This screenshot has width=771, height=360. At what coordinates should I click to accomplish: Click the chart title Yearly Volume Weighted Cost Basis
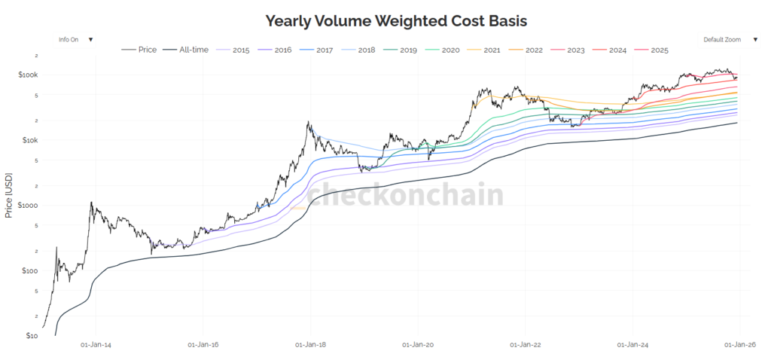pos(385,20)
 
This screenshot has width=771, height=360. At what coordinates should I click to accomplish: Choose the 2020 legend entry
pos(448,50)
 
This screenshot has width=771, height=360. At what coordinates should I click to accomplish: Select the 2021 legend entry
pos(489,50)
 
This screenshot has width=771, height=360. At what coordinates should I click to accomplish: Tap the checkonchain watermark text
pos(407,195)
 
